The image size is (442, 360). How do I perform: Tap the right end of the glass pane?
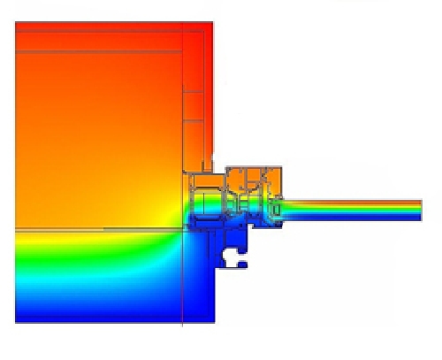click(x=420, y=210)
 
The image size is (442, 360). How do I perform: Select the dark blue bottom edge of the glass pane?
click(x=354, y=218)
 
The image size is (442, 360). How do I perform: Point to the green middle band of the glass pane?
click(x=354, y=211)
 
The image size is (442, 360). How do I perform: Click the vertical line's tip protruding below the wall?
click(x=182, y=324)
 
